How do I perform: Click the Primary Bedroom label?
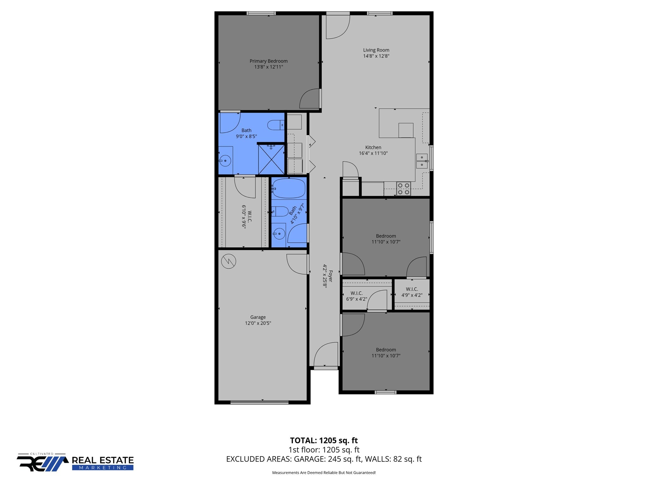268,61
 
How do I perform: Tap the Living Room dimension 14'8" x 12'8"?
376,56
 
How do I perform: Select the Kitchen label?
373,147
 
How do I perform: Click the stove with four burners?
403,189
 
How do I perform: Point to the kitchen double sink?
421,161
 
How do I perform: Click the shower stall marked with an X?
271,159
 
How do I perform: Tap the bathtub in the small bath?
289,188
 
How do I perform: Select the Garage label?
258,317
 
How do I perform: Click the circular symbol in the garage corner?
228,261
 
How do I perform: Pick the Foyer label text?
331,276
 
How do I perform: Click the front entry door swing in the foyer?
326,354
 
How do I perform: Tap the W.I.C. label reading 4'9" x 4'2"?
412,292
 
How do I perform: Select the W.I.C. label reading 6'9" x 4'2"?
357,296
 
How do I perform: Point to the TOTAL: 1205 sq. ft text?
324,440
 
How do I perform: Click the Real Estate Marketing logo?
75,463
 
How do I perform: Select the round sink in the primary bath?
225,161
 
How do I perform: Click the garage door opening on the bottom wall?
259,402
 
